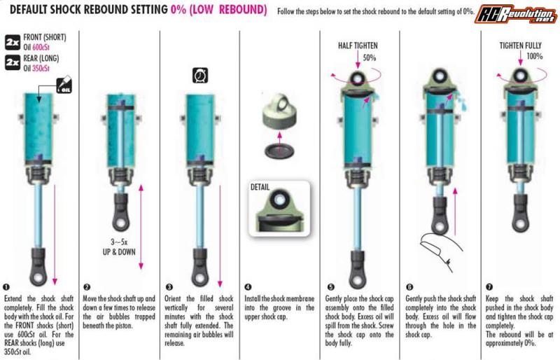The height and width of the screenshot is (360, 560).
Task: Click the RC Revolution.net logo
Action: (x=516, y=14)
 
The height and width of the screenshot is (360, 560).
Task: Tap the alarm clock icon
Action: (x=200, y=76)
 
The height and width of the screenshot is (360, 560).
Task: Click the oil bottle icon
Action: (x=64, y=85)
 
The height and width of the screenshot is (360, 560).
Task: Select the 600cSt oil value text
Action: (x=41, y=47)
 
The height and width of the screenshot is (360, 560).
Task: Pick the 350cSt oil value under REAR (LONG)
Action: (x=41, y=68)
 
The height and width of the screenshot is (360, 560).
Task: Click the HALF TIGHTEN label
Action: (x=358, y=46)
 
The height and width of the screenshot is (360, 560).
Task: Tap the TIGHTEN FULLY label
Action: (x=520, y=46)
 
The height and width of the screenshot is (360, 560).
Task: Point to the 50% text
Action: (x=370, y=57)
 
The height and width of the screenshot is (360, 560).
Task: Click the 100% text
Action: (x=535, y=56)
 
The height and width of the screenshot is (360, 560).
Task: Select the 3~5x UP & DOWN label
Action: (x=119, y=247)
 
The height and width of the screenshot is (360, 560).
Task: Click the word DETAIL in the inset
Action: (x=260, y=187)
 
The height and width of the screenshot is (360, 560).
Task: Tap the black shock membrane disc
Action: (x=279, y=151)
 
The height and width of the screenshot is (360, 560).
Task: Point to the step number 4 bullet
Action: (x=248, y=286)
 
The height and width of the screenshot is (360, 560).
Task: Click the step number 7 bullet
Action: (x=489, y=286)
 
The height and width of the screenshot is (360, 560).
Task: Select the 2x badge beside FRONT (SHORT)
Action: (x=13, y=42)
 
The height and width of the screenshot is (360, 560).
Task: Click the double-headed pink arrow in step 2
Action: (x=141, y=227)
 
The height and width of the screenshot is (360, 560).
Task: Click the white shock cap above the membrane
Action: (x=278, y=111)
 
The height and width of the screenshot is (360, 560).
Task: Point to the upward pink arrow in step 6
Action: (x=454, y=212)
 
